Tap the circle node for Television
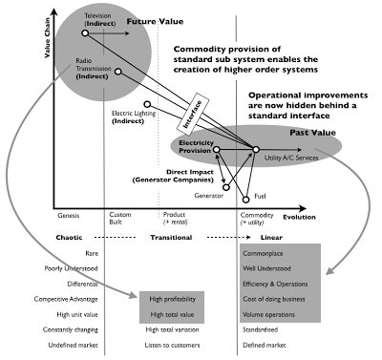click(85, 33)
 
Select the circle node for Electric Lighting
click(146, 105)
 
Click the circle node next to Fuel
click(247, 198)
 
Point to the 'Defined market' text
click(266, 344)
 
